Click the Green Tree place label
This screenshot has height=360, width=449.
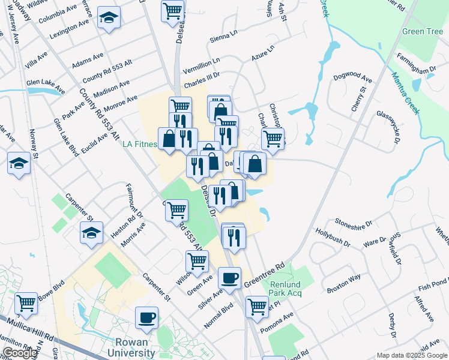point(423,32)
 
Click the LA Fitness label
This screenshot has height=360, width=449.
point(140,145)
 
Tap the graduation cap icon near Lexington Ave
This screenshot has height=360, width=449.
point(108,19)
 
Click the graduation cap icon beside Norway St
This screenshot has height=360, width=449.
point(19,163)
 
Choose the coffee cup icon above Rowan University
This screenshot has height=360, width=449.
point(146,317)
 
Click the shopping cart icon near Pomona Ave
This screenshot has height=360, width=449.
point(257,306)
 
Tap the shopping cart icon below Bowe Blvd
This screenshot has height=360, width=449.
point(26,304)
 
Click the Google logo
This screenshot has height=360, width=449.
point(20,353)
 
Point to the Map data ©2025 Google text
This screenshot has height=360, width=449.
point(411,355)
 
